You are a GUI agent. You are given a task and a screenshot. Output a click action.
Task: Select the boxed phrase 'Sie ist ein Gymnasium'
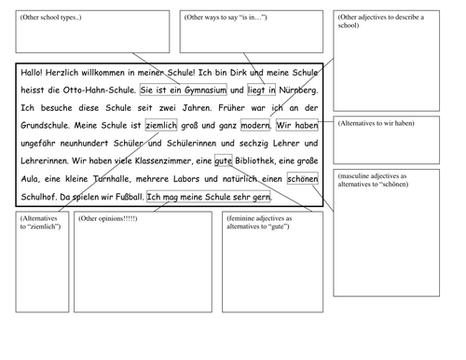tap(183, 90)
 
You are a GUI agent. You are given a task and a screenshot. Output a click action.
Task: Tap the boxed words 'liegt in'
tap(261, 90)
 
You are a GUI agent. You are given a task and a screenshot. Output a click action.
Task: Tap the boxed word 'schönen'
tap(303, 180)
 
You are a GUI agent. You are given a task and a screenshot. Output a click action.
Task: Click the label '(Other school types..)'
tap(49, 18)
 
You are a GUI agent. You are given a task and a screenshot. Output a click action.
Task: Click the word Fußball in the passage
tap(125, 198)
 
